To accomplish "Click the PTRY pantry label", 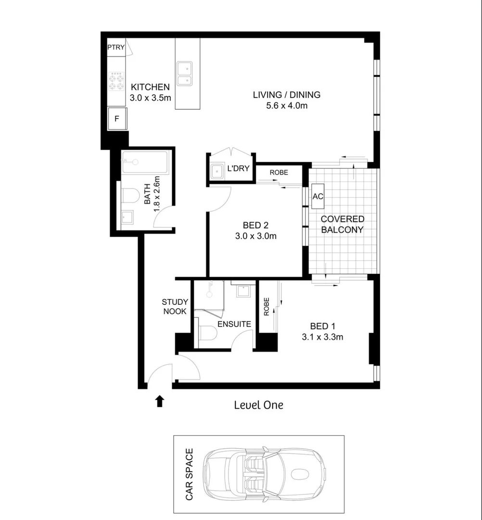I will point(116,47).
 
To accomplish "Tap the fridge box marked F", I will point(117,117).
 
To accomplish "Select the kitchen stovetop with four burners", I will point(116,81).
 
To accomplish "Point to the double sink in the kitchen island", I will point(184,74).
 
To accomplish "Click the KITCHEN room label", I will point(150,87).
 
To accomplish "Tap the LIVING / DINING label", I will point(286,95).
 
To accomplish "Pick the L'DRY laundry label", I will point(237,169).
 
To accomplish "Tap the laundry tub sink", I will point(217,170).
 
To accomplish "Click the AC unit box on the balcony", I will point(318,196).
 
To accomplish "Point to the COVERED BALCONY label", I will point(342,224).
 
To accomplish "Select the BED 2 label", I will point(255,225).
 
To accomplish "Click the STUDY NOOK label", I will point(175,307).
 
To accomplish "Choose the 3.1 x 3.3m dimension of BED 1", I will point(322,337).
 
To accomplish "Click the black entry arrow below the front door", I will point(160,401).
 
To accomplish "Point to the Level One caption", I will point(258,405).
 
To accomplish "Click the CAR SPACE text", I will point(189,474).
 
